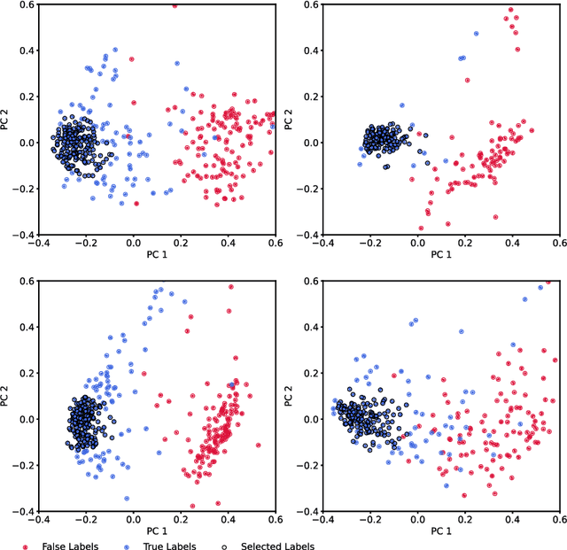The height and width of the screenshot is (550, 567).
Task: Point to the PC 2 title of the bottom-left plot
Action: point(6,397)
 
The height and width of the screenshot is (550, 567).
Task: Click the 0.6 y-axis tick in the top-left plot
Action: point(19,4)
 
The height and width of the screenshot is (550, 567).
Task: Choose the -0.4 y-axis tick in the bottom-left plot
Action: point(16,512)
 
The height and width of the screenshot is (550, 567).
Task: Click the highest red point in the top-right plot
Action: point(510,10)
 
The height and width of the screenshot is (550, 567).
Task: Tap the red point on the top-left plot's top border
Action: point(175,5)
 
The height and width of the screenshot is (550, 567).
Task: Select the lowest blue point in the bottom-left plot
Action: point(127,499)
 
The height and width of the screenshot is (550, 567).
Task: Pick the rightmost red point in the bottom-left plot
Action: point(259,445)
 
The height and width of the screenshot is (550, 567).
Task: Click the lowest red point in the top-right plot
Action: point(421,228)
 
